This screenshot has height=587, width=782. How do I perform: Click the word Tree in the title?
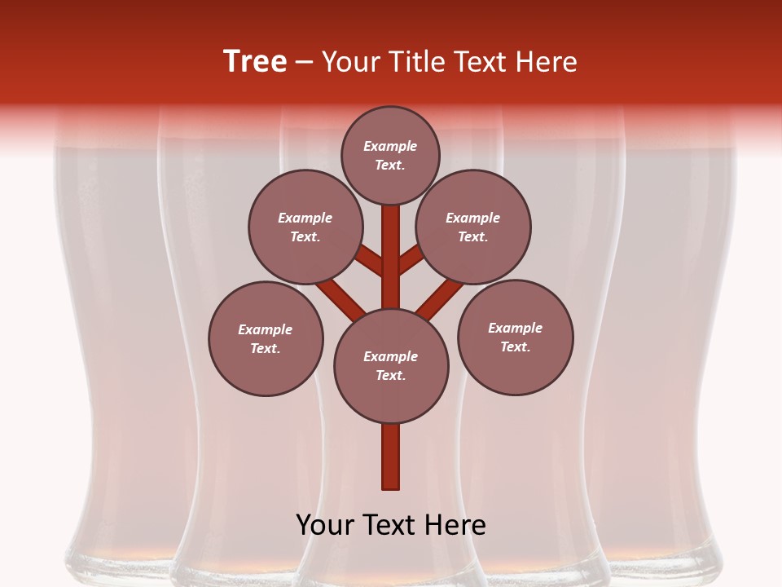tap(255, 62)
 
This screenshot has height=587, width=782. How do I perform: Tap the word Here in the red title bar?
tap(547, 62)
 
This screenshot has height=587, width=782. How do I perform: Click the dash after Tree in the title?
tap(304, 64)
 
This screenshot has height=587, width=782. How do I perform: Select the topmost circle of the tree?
tap(390, 156)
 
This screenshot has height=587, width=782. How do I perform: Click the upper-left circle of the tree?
tap(305, 227)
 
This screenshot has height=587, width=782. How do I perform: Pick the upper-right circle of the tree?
tap(473, 227)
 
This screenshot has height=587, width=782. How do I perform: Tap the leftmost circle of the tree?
tap(266, 338)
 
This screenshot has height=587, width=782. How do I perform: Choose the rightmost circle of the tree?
tap(515, 337)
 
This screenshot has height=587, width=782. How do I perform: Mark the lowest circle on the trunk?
tap(391, 365)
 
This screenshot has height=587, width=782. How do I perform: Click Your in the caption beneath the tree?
tap(325, 525)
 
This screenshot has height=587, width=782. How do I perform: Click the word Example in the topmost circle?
tap(390, 147)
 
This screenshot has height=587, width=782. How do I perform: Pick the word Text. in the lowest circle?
tap(390, 375)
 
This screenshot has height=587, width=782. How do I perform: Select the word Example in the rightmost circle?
tap(515, 328)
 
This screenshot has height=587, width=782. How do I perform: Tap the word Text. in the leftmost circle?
tap(266, 348)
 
